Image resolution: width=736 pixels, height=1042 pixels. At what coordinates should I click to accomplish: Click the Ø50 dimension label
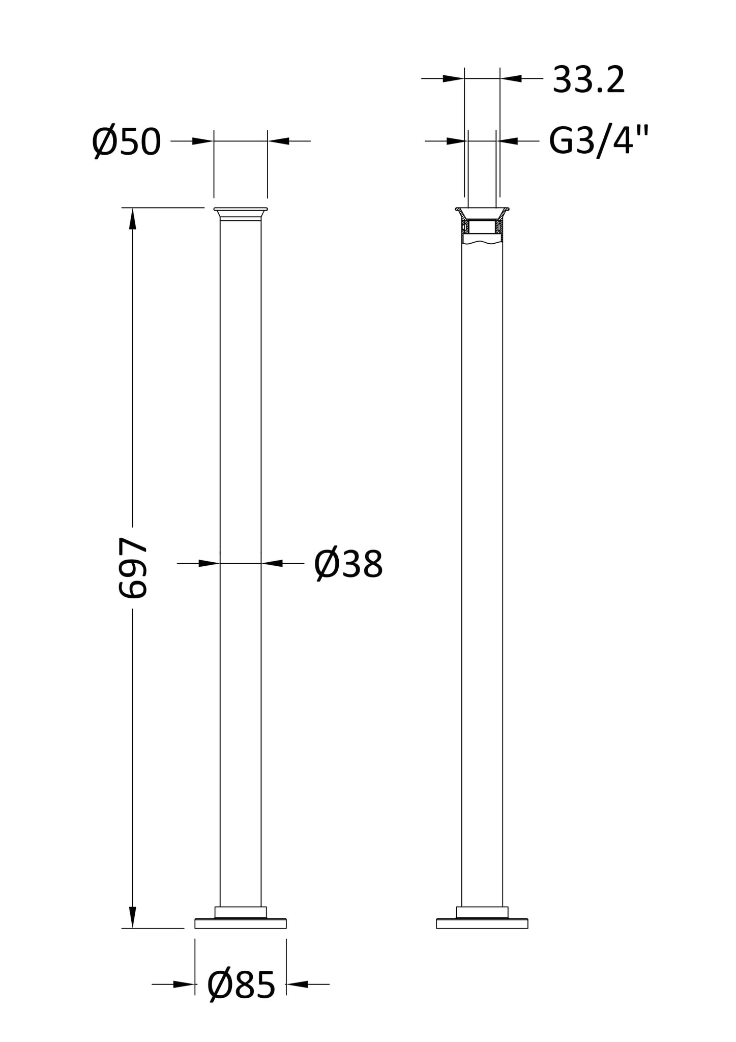coord(127,142)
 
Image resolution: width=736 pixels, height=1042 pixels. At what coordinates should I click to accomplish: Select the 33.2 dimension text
coord(588,80)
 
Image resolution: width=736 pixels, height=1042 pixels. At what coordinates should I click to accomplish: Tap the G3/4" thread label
coord(599,141)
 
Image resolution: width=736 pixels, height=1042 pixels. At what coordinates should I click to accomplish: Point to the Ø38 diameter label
coord(348,564)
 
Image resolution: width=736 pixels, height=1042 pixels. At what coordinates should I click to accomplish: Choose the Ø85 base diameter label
coord(241,985)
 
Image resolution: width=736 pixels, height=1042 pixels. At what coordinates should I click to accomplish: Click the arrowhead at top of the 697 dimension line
coord(133,219)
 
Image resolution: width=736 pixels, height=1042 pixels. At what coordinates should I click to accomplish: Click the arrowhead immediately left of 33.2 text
coord(511,78)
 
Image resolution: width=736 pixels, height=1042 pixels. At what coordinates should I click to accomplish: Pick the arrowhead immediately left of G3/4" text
coord(508,141)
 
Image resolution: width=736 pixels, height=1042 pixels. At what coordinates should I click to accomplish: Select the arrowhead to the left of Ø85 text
coord(184,984)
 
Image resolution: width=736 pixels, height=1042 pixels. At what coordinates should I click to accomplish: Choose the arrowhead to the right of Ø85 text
coord(298,984)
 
